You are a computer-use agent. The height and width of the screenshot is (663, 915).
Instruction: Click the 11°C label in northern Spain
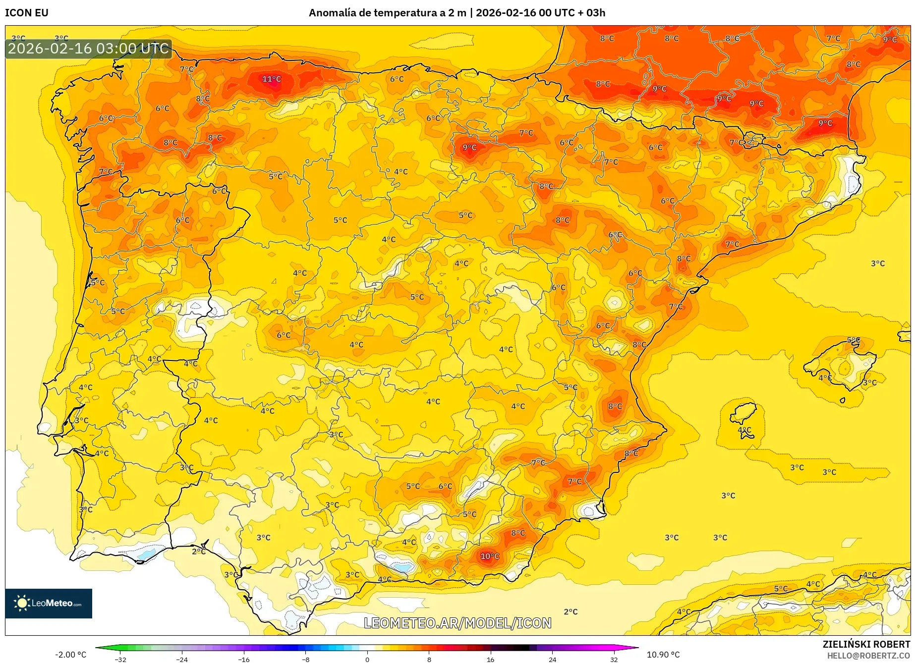pos(272,79)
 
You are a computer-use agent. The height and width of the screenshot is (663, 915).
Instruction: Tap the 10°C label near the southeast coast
pos(490,557)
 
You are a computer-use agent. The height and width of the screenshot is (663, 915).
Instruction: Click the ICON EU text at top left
pos(27,13)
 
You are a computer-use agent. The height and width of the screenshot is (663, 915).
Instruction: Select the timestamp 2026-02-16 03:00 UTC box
pos(88,49)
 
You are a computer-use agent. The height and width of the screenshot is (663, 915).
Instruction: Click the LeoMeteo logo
pos(49,603)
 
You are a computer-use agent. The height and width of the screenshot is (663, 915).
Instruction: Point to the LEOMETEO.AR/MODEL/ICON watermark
pos(457,623)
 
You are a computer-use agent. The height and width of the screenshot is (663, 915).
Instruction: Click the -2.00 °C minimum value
pos(70,655)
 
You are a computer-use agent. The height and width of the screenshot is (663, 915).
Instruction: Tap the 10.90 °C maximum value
pos(663,655)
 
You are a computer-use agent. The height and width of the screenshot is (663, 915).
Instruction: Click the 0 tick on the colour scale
pos(367,660)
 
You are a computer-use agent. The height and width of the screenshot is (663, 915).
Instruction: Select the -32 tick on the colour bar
pos(120,660)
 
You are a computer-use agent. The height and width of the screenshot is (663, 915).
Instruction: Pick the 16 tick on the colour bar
pos(490,660)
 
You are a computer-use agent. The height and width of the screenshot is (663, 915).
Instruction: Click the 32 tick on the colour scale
pos(614,660)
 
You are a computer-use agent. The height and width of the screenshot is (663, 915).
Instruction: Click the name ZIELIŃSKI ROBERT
pos(866,644)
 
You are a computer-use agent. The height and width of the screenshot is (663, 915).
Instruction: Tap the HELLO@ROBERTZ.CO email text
pos(868,656)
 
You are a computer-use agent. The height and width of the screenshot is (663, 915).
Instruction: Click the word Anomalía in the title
pos(332,13)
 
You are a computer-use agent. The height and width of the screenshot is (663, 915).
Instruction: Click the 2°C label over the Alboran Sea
pos(571,612)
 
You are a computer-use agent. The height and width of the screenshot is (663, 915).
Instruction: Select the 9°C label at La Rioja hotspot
pos(469,148)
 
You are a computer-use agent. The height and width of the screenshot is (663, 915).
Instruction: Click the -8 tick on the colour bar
pos(306,660)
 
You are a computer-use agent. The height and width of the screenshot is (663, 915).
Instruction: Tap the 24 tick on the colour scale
pos(552,660)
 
